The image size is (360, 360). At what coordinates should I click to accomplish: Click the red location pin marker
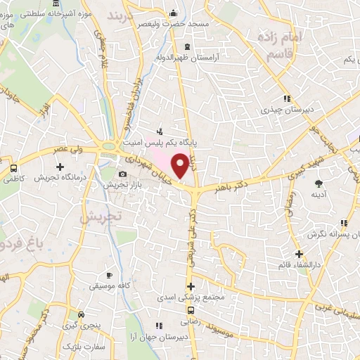(x=181, y=166)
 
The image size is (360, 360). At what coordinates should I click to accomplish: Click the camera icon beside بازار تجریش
(x=122, y=174)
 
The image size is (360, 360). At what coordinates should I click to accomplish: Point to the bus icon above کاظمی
(x=14, y=168)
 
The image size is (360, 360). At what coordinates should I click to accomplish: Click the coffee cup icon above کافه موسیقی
(x=108, y=275)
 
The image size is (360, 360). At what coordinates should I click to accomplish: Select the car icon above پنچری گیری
(x=83, y=314)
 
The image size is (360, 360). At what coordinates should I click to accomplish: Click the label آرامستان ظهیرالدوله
(x=193, y=56)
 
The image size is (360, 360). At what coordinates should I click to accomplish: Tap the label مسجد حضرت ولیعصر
(x=181, y=23)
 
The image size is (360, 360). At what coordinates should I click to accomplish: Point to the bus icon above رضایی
(x=191, y=309)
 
